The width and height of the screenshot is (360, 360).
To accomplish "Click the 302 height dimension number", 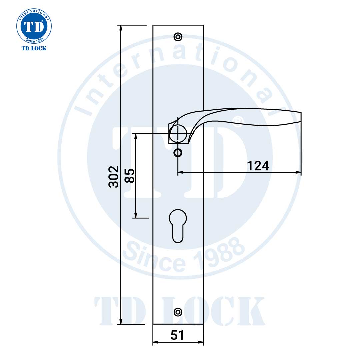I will point(114,176).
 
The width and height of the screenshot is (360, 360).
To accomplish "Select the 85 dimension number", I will point(130,176).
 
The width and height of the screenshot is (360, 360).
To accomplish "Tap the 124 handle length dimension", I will point(258,166).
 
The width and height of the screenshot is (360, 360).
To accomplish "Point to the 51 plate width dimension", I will point(177,335).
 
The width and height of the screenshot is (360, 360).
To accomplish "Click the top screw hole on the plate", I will point(178,36).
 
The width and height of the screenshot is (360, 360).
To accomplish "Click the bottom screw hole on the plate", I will point(178,312).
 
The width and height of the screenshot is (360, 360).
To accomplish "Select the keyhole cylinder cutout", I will point(178,225).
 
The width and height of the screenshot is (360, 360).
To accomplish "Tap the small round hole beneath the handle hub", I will point(178,153).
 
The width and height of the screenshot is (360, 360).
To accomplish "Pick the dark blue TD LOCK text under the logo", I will point(34,48).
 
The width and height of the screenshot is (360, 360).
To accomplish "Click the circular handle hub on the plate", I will point(177,133).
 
